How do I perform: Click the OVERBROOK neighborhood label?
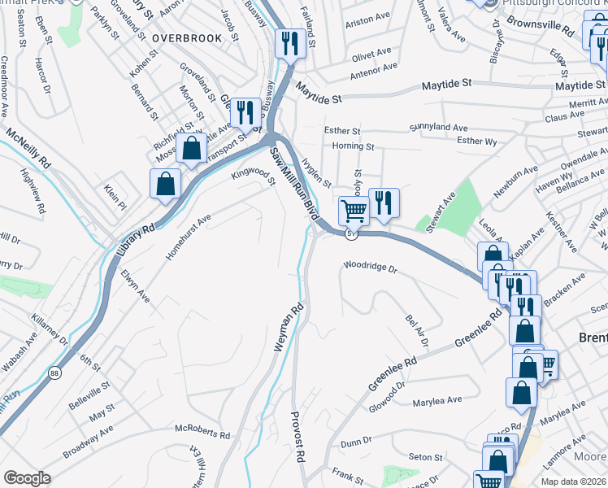[186, 37]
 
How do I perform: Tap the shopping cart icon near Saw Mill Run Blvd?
[354, 211]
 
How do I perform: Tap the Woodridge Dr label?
[369, 267]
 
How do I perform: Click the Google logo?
[27, 478]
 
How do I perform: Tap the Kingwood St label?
[254, 174]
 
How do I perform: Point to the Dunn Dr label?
[356, 443]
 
